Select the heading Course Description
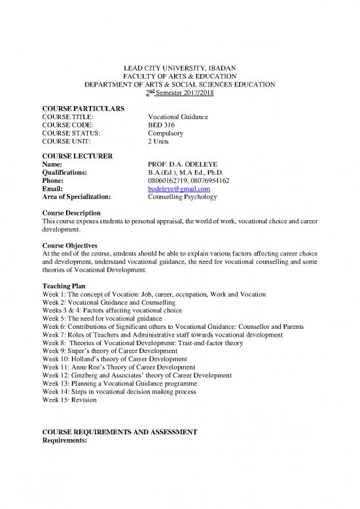tap(71, 213)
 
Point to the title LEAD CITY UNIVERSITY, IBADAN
tap(179, 67)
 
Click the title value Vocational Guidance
tap(178, 116)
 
